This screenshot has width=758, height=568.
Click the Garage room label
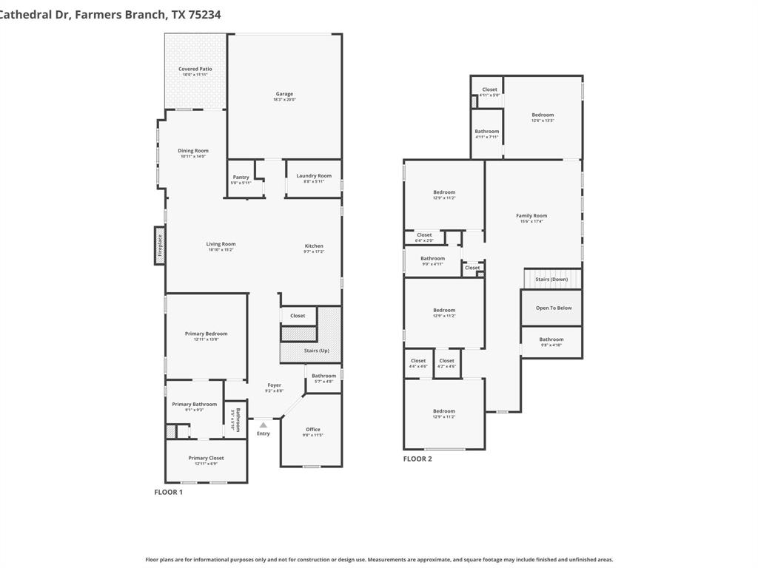pos(284,94)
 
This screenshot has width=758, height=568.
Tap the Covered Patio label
pos(195,69)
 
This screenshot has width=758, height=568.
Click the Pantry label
pos(241,177)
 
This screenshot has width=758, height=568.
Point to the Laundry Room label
pos(314,176)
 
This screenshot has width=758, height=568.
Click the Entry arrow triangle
pos(263,425)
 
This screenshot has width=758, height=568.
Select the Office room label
pos(312,430)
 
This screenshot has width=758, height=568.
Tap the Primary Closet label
pos(206,458)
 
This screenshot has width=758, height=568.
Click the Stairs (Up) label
pos(317,351)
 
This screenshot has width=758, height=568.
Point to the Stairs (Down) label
pos(551,280)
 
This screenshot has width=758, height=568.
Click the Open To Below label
pos(554,308)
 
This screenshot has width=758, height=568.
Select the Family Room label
pos(531,216)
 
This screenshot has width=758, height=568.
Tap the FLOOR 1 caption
pos(168,492)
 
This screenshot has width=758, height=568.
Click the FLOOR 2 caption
pos(417,459)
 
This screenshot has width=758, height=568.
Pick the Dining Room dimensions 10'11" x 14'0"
pos(192,156)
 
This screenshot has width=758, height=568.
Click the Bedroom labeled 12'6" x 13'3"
pos(543,115)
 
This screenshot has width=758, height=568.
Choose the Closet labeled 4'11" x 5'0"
pos(489,89)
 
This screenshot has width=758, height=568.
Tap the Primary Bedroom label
pos(206,334)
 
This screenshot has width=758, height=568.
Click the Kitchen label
pos(314,246)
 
